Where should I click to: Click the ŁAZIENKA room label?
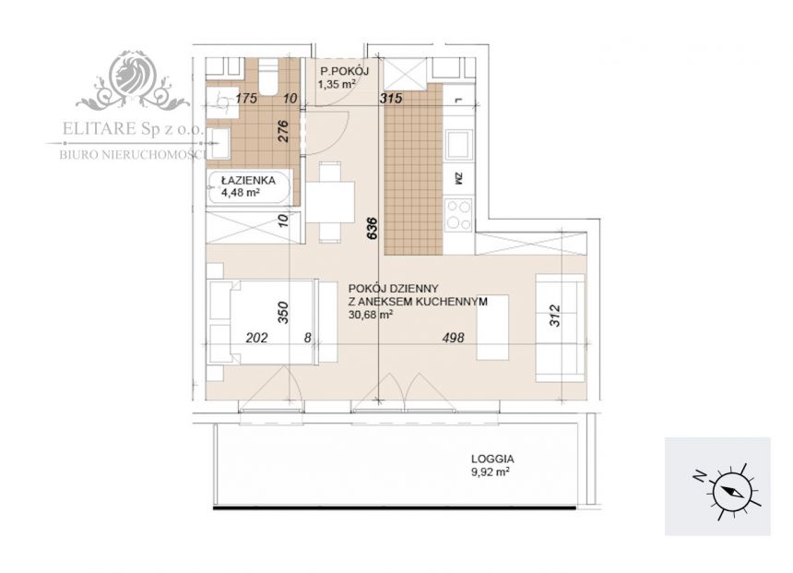[x=248, y=180]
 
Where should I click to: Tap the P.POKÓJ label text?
[x=345, y=71]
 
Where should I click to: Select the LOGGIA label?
[x=492, y=460]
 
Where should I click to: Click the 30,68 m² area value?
[x=371, y=315]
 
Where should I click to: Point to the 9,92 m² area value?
[x=490, y=472]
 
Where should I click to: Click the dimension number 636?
[x=373, y=228]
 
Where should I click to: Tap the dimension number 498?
[x=453, y=338]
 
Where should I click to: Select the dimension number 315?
[x=392, y=98]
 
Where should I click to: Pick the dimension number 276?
[x=283, y=131]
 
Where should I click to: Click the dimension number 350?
[x=283, y=312]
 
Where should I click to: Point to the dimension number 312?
[x=555, y=316]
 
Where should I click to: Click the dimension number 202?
[x=256, y=338]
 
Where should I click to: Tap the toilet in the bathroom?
[x=268, y=77]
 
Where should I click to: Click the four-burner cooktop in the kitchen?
[x=458, y=215]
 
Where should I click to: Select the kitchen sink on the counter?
[x=458, y=144]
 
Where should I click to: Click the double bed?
[x=264, y=322]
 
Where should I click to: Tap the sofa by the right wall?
[x=560, y=328]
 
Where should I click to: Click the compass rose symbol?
[x=729, y=491]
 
